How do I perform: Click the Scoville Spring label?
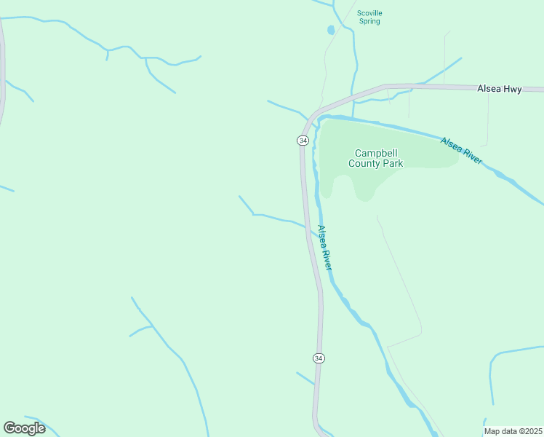click(369, 17)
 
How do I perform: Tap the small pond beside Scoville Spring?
click(331, 30)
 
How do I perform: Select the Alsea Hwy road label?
click(499, 88)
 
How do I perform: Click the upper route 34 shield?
click(303, 140)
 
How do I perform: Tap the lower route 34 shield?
click(319, 358)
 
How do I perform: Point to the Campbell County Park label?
click(375, 158)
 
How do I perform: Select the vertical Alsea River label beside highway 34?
click(325, 248)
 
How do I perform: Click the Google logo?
click(25, 428)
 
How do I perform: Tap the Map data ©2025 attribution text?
click(513, 431)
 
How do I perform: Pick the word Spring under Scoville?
click(369, 21)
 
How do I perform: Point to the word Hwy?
click(512, 88)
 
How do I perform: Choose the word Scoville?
click(369, 12)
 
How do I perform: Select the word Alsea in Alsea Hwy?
click(489, 88)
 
